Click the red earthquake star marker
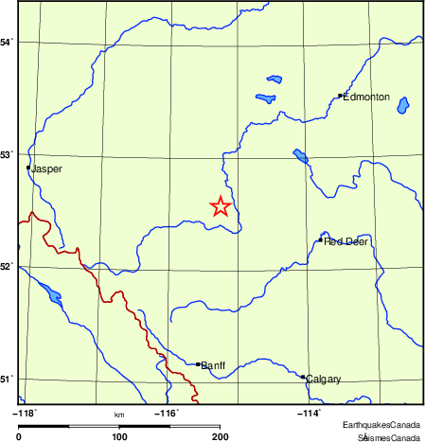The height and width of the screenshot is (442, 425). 220,206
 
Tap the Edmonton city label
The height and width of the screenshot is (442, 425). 366,97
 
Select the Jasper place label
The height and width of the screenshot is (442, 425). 47,169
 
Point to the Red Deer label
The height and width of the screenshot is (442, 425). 345,241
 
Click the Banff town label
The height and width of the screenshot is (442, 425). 213,364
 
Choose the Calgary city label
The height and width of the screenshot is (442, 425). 323,379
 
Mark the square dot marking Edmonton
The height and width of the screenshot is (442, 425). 340,96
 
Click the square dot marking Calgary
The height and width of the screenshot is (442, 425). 303,377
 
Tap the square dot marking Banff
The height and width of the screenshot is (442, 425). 197,363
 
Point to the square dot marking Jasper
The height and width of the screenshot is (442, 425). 29,168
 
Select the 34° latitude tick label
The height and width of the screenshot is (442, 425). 7,43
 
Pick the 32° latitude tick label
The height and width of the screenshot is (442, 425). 7,267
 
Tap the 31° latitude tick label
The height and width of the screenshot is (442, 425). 7,380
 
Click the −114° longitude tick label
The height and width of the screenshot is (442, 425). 309,413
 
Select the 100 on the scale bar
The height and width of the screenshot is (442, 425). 119,436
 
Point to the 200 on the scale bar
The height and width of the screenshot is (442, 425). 221,436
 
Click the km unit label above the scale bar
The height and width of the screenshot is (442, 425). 119,415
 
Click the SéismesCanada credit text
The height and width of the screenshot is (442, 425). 388,437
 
